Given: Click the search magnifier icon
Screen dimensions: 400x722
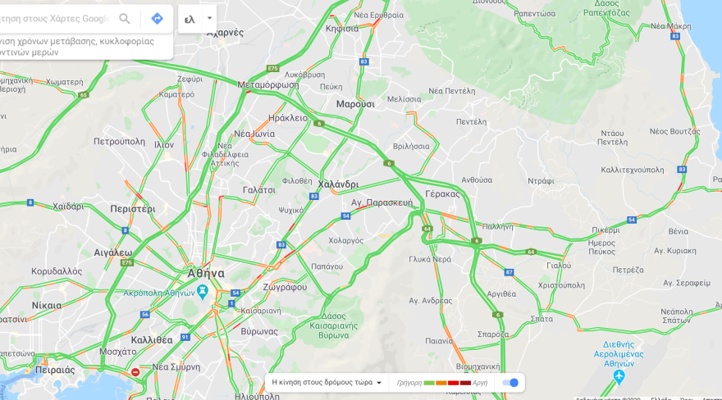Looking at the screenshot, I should [125, 19].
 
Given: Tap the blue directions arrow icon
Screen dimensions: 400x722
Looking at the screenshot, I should [157, 19].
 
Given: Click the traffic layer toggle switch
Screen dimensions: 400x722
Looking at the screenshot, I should [510, 383].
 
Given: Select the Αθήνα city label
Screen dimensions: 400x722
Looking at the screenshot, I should [205, 273].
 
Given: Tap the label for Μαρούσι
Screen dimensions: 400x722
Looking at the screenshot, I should [355, 104].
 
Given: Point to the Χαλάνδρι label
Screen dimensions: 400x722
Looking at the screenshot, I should [338, 184].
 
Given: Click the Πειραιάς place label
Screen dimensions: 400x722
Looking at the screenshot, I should [55, 370].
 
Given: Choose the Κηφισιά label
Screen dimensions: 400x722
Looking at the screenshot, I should [342, 29].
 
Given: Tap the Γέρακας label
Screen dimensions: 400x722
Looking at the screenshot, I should [443, 194].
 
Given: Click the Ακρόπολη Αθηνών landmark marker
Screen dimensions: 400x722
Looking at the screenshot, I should [202, 290].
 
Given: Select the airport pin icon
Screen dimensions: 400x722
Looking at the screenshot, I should [619, 376].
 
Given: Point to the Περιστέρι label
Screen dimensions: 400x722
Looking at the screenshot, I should [133, 209].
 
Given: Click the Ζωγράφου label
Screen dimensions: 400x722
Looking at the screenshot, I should [285, 287].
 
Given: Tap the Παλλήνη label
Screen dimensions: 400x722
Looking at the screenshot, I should [497, 226].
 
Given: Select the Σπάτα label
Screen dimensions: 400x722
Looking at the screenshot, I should [541, 318].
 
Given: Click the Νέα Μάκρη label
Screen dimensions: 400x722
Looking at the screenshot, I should [670, 26].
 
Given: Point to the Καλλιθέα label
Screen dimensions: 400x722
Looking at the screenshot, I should [152, 339].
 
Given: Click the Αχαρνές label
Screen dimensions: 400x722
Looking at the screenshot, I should [225, 33].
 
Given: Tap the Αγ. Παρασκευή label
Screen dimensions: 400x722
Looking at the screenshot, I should [382, 202].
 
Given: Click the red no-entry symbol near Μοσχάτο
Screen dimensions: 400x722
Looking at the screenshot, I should [135, 372].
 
